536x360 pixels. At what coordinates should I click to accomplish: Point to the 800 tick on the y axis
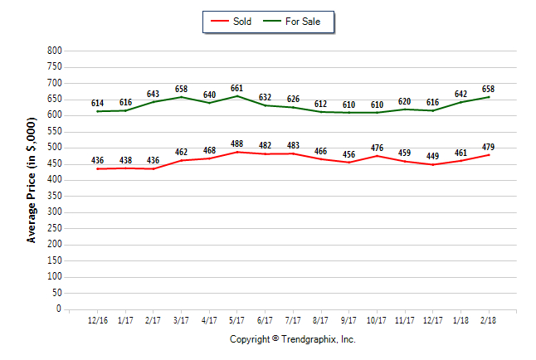pos(56,51)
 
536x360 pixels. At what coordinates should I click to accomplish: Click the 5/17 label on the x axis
pos(237,319)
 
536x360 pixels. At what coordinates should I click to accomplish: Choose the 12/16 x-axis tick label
pos(98,319)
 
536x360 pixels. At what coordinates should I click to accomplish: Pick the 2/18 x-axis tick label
pos(489,319)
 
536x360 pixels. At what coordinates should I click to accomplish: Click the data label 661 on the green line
pos(237,88)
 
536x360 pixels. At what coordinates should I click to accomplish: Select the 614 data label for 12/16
pos(98,103)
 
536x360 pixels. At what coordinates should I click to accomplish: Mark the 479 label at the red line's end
pos(489,147)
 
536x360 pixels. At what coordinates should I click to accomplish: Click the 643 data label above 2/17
pos(153,94)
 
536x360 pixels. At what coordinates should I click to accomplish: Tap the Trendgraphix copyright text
pos(292,339)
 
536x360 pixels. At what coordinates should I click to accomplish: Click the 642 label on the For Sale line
pos(460,94)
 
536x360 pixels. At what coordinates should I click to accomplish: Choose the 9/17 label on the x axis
pos(349,319)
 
